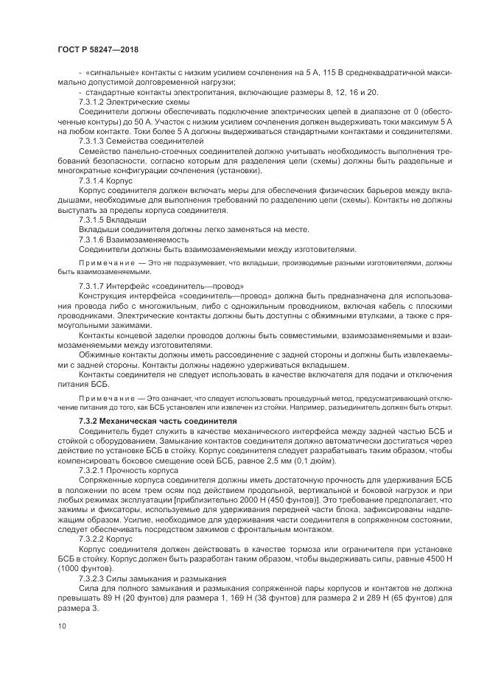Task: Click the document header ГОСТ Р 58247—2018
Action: click(98, 49)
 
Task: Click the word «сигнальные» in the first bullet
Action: click(110, 73)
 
